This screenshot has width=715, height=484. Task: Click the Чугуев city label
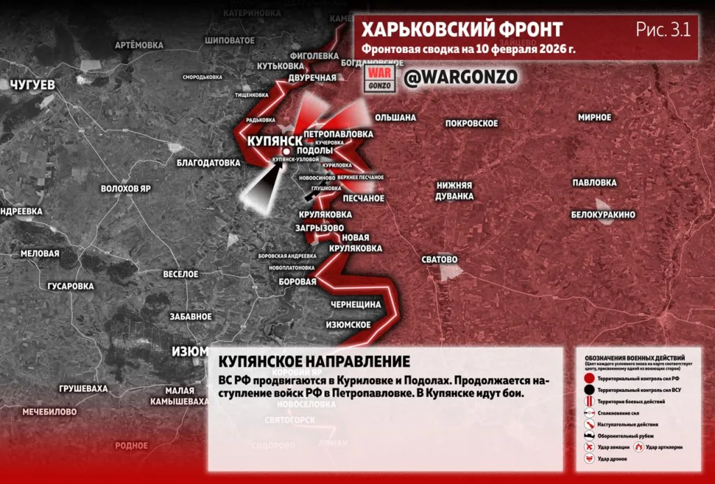(32, 84)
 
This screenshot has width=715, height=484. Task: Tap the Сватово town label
(439, 259)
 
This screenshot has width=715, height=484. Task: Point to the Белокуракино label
(603, 215)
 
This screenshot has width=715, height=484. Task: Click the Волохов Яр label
(126, 189)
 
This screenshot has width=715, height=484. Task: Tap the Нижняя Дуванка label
(455, 190)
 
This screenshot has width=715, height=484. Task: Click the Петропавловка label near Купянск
(339, 133)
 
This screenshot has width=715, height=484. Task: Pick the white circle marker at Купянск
(286, 151)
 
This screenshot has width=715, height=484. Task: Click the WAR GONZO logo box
(381, 78)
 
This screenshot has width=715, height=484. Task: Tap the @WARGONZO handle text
(461, 77)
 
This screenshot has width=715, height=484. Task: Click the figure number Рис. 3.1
(663, 29)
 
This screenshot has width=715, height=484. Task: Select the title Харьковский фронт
(462, 30)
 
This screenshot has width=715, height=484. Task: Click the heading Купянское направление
(314, 361)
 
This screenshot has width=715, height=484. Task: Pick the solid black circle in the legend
(590, 389)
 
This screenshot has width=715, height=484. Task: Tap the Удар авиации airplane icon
(590, 446)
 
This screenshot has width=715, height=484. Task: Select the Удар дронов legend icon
(590, 458)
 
